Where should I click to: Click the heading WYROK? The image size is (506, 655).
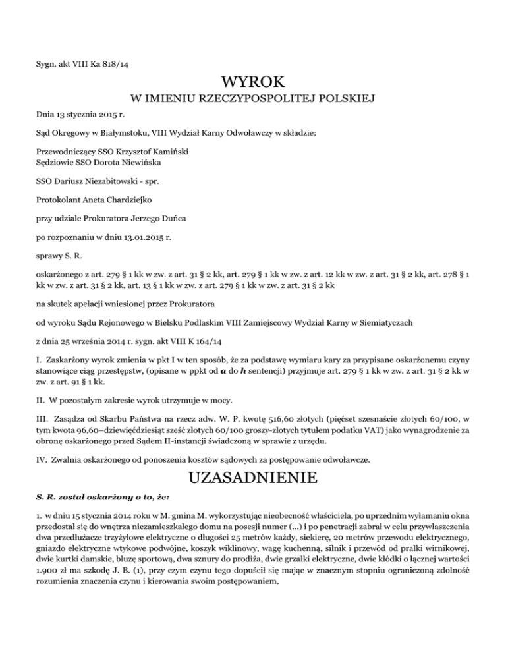(254, 83)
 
